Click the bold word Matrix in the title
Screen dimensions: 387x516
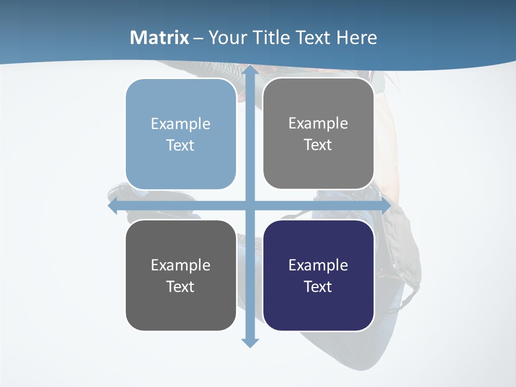(x=160, y=38)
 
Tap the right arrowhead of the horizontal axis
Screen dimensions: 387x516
(x=385, y=206)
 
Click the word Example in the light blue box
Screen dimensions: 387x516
(x=181, y=124)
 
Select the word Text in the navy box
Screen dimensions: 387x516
(x=318, y=286)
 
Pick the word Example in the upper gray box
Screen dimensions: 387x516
(x=318, y=124)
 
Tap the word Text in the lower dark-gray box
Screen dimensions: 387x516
(x=181, y=286)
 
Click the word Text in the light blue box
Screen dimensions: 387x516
(x=181, y=145)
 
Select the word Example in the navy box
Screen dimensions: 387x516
(x=318, y=265)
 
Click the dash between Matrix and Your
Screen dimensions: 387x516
(x=198, y=38)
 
